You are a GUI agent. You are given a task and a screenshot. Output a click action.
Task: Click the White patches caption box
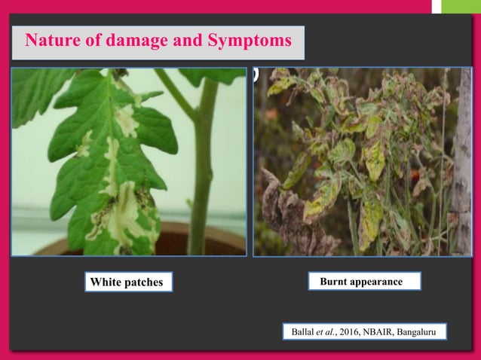[x=127, y=282]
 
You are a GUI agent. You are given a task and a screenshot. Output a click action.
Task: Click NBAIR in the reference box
[x=382, y=331]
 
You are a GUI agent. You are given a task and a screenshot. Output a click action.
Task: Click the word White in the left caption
[x=106, y=282]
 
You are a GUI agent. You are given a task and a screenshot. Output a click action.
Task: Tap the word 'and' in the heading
[x=177, y=40]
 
